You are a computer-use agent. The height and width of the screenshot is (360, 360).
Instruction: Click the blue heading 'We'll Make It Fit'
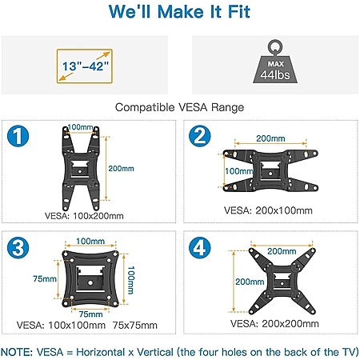[x=179, y=12]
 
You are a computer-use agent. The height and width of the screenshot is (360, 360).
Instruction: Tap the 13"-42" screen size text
[x=86, y=66]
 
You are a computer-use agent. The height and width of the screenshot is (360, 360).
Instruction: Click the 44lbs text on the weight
[x=275, y=75]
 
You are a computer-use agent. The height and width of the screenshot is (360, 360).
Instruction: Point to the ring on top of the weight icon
[x=275, y=47]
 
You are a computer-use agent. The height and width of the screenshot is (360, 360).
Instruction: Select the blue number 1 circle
[x=18, y=136]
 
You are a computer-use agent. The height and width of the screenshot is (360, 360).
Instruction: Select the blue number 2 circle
[x=200, y=136]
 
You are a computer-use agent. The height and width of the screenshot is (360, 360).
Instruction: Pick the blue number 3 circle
[x=18, y=248]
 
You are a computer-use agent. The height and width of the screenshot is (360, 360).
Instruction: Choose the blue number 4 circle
[x=200, y=248]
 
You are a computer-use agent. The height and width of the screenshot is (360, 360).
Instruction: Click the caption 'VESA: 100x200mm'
[x=84, y=216]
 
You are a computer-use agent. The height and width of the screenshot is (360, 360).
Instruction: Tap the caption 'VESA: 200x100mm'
[x=268, y=210]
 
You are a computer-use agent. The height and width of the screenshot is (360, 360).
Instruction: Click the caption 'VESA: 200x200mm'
[x=274, y=324]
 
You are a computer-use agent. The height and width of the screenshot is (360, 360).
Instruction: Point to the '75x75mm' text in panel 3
[x=134, y=326]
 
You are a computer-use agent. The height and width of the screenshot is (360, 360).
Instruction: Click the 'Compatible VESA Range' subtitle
[x=179, y=107]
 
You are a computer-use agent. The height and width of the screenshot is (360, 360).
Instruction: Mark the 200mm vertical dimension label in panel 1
[x=121, y=169]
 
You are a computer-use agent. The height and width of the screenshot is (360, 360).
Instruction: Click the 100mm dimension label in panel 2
[x=239, y=171]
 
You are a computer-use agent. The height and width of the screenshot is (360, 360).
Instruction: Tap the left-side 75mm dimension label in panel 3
[x=45, y=279]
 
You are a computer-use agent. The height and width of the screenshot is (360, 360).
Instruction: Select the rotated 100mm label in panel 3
[x=130, y=280]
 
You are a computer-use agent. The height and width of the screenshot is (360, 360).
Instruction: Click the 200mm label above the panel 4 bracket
[x=282, y=251]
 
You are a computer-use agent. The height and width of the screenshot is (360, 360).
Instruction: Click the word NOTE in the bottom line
[x=17, y=352]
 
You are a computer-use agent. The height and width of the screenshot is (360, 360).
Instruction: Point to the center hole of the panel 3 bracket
[x=90, y=282]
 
